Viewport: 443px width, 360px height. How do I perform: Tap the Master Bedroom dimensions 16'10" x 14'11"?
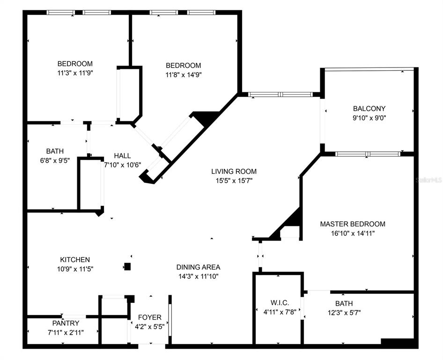(353, 232)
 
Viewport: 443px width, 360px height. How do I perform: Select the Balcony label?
(369, 109)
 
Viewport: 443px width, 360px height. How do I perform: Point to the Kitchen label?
(75, 259)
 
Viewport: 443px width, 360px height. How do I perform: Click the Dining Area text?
(198, 267)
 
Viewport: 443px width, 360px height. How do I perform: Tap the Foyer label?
(150, 317)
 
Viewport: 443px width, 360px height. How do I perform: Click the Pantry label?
(66, 323)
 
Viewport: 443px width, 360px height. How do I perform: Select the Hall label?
(123, 156)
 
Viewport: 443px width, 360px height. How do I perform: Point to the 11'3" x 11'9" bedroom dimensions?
(75, 73)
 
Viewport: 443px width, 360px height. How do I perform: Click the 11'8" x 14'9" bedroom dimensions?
(184, 74)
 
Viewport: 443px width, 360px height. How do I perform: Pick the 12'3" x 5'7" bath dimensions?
(344, 312)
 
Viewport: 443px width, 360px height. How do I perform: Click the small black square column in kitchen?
(127, 267)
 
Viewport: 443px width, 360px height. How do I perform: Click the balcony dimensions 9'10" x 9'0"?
(369, 118)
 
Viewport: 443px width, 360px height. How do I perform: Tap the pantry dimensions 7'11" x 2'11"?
(66, 332)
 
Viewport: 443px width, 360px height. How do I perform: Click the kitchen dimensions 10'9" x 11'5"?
(75, 269)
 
